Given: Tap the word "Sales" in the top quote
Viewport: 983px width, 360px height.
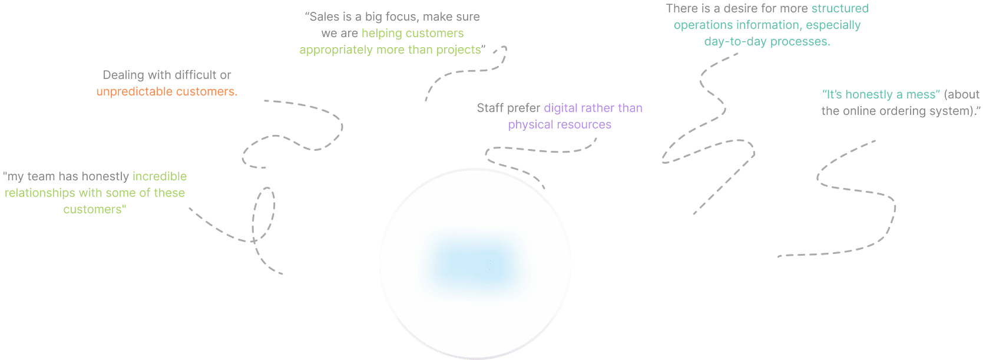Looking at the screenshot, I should (x=324, y=17).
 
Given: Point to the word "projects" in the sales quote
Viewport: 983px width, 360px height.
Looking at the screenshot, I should (x=459, y=50).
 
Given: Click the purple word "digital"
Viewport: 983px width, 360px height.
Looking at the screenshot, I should (x=560, y=108).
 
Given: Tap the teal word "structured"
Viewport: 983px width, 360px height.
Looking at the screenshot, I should (x=840, y=9).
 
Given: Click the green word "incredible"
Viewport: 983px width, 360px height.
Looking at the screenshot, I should (x=160, y=177).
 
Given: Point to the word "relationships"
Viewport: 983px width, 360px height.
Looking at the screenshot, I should (x=40, y=193).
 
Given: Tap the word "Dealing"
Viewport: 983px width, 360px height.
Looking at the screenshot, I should (x=123, y=75).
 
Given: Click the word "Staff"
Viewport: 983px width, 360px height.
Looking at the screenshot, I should (x=490, y=108).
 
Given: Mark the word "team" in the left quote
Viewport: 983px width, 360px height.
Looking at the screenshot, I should (x=41, y=177).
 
